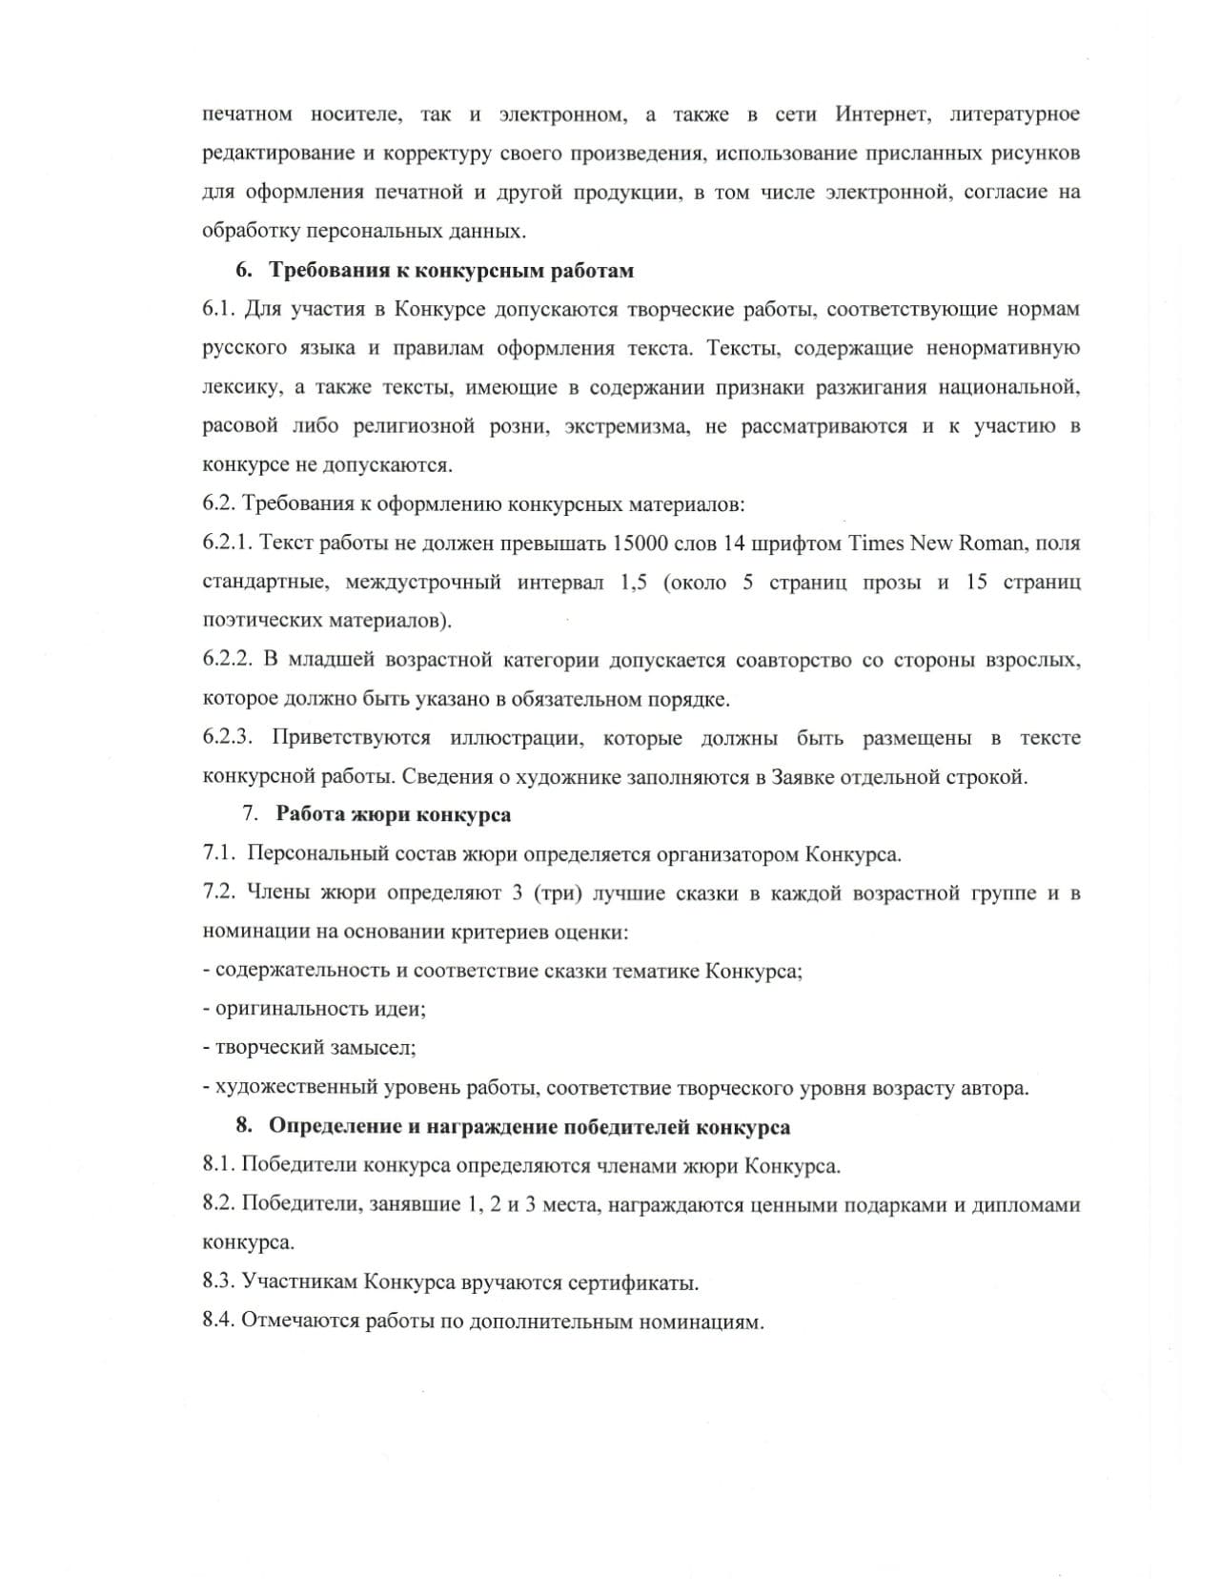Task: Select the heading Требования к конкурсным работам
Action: click(451, 271)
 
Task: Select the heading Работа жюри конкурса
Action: click(393, 815)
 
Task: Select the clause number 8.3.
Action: click(218, 1282)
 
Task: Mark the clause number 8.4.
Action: click(218, 1322)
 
